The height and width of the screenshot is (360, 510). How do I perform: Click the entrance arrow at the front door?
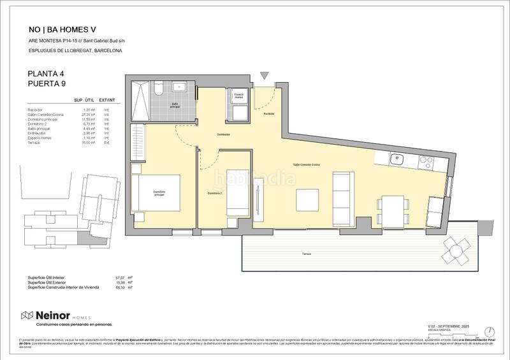pyautogui.click(x=265, y=76)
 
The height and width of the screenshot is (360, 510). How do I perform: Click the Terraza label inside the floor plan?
pyautogui.click(x=308, y=254)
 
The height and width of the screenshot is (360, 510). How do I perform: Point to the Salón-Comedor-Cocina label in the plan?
pyautogui.click(x=307, y=164)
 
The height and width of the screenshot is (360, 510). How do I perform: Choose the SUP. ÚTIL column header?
pyautogui.click(x=84, y=101)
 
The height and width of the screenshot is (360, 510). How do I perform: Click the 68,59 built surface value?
pyautogui.click(x=119, y=287)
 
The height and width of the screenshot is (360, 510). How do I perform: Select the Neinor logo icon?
pyautogui.click(x=27, y=315)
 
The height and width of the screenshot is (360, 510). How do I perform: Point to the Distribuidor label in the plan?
pyautogui.click(x=223, y=134)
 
